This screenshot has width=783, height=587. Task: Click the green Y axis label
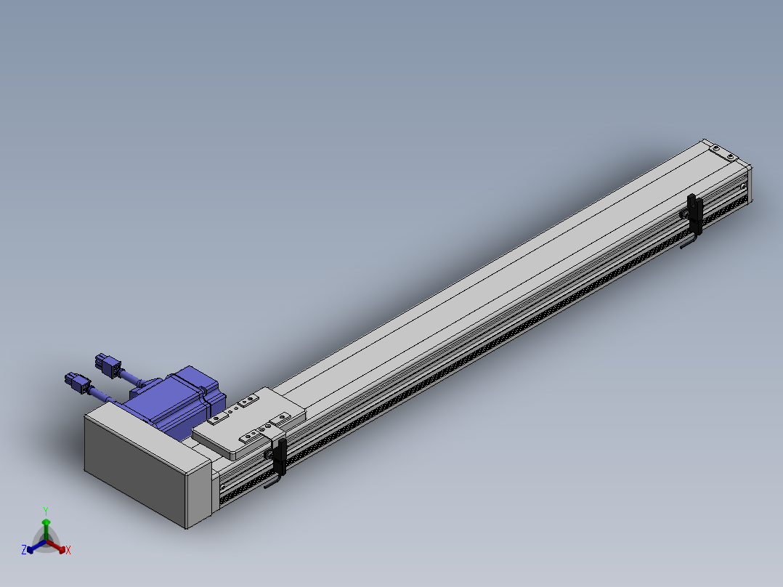[46, 511]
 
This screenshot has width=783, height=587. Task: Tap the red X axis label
[68, 550]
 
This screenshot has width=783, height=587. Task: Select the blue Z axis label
[24, 550]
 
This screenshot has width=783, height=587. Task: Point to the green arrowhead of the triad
[46, 522]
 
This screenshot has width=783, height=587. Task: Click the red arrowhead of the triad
[62, 549]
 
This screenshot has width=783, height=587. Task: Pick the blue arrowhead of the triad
[31, 549]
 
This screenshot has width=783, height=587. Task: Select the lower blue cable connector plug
[78, 383]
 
